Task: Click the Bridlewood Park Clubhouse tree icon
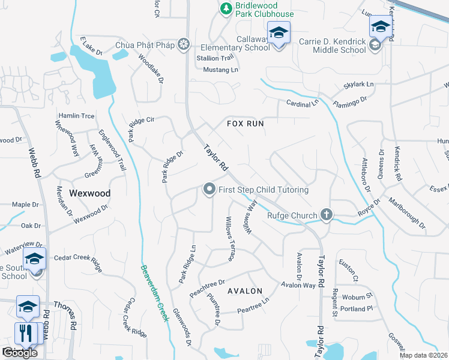click(226, 8)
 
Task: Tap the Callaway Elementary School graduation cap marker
click(279, 33)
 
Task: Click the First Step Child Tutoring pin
click(209, 190)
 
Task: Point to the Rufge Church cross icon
click(327, 214)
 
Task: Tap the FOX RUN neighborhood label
click(246, 123)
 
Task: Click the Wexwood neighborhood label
click(90, 193)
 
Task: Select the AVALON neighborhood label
click(245, 291)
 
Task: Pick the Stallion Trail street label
click(214, 58)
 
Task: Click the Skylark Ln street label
click(358, 85)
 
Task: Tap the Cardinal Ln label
click(302, 103)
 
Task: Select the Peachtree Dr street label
click(206, 281)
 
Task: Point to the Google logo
click(20, 353)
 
